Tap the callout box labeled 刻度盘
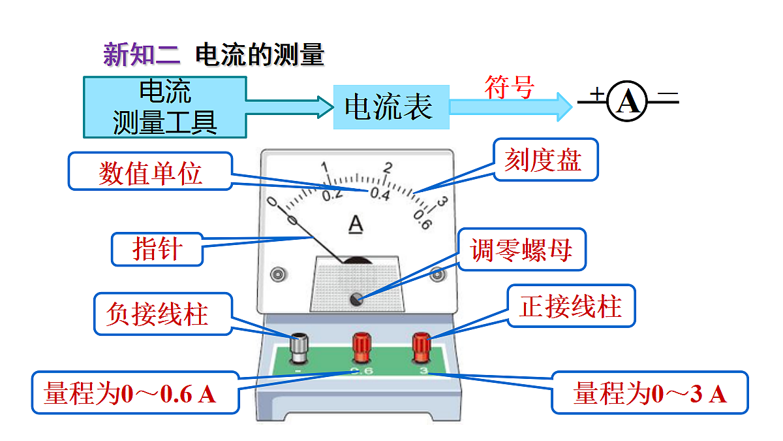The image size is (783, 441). [x=545, y=159]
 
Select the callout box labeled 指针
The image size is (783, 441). [x=157, y=249]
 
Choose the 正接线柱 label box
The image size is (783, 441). [x=571, y=306]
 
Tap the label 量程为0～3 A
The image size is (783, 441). [x=650, y=393]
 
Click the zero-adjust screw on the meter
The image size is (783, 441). [x=356, y=299]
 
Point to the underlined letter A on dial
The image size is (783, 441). [x=355, y=224]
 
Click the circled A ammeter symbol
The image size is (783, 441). [x=628, y=102]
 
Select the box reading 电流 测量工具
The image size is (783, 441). [x=164, y=107]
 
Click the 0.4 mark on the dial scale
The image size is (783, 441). [x=380, y=194]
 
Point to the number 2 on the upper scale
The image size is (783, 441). [x=388, y=167]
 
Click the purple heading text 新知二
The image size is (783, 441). [x=141, y=55]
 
